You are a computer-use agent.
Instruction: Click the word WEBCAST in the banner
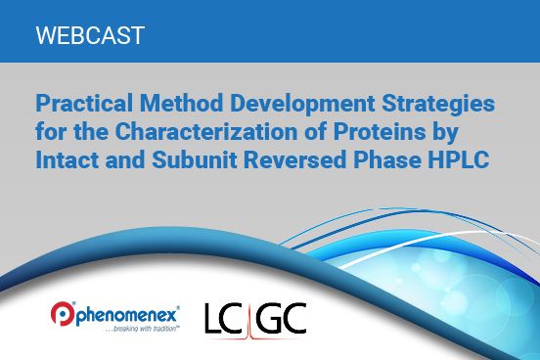point(89,36)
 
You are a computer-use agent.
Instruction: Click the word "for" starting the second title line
point(49,130)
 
